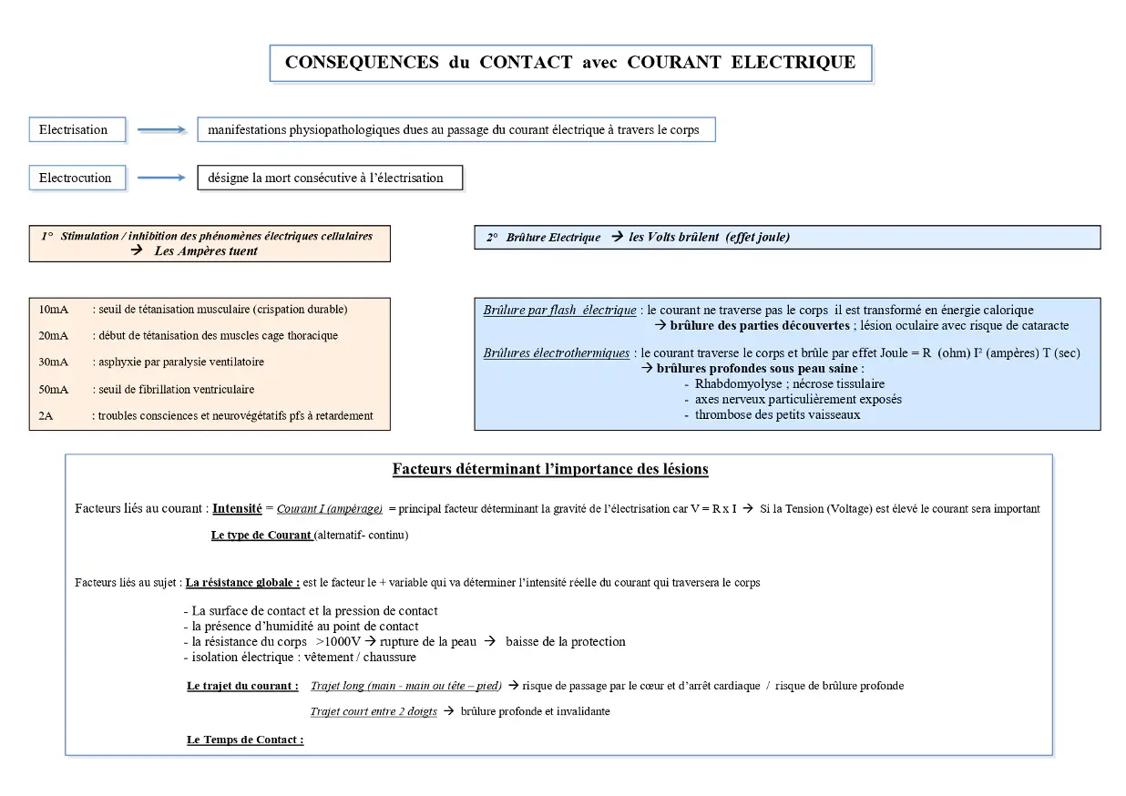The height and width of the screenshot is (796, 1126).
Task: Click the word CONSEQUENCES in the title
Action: click(x=362, y=63)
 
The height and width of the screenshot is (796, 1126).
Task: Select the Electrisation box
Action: click(x=77, y=130)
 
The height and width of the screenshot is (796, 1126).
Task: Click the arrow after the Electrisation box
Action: click(x=161, y=130)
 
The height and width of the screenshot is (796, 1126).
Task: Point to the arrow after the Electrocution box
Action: click(x=161, y=179)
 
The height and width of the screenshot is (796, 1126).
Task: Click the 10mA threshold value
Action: click(x=53, y=310)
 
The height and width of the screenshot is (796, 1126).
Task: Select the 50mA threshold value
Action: click(x=53, y=390)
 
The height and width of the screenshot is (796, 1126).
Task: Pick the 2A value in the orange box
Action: click(x=46, y=416)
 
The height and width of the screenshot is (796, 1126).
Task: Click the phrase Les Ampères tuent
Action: click(x=206, y=251)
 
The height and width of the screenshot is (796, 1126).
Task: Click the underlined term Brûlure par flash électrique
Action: click(x=559, y=311)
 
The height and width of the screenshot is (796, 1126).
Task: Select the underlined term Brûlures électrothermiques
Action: click(x=556, y=353)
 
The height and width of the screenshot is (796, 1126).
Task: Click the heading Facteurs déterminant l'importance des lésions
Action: click(x=550, y=470)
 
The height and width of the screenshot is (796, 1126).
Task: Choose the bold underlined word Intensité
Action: click(x=237, y=508)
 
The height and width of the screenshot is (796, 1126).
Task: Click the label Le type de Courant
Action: click(x=261, y=536)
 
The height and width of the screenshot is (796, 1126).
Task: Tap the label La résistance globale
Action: click(x=242, y=583)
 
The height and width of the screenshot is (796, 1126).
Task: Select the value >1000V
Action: click(x=338, y=642)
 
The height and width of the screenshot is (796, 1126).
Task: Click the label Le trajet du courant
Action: click(x=242, y=686)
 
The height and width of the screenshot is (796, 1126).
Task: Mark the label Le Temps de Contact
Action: click(x=245, y=740)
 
